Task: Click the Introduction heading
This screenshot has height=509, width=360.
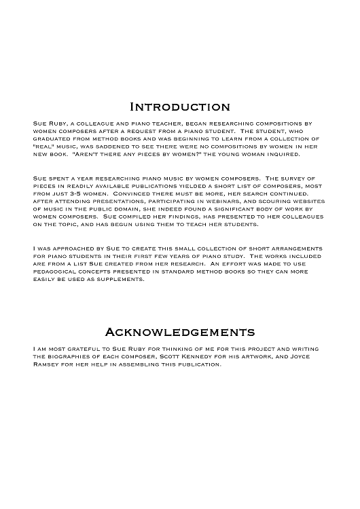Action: tap(179, 107)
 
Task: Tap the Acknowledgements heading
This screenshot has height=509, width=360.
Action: tap(180, 332)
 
